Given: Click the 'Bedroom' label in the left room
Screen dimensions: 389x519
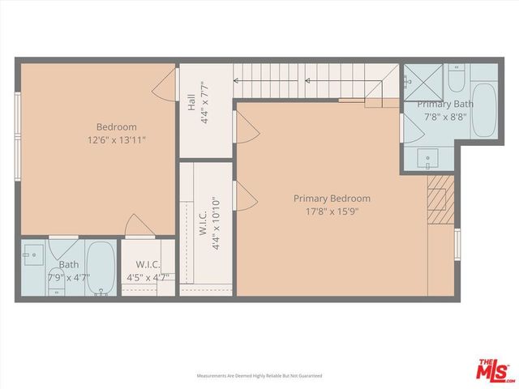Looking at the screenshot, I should [116, 127].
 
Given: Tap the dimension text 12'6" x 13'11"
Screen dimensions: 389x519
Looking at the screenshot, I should [116, 140].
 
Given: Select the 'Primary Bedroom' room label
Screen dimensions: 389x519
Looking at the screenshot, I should [332, 199].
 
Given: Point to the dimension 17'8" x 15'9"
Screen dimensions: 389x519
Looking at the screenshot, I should [332, 212].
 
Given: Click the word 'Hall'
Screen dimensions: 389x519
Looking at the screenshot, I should [191, 103].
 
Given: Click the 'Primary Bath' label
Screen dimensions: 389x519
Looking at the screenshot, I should [445, 105].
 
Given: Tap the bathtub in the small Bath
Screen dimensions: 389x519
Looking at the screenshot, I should [100, 268].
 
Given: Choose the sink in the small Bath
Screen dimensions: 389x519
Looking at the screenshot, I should [32, 255].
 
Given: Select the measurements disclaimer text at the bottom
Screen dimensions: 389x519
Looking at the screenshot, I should [259, 376].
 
